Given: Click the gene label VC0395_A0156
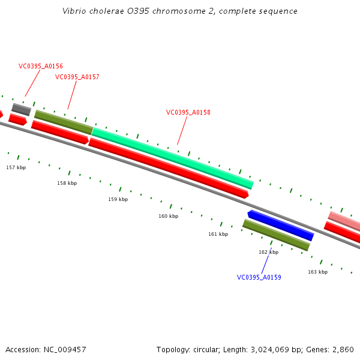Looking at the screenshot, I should tap(41, 67).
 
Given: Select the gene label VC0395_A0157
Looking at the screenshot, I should tap(77, 77).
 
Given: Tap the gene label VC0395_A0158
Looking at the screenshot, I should tap(188, 112).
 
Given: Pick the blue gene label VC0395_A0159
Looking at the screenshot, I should tap(259, 277).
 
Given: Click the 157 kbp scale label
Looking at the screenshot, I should tap(16, 167).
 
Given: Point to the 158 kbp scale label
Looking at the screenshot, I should tap(67, 183).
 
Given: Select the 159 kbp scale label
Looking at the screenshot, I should tap(118, 199).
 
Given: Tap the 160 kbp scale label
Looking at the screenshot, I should tap(168, 216).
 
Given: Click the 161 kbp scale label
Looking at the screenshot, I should tap(218, 234).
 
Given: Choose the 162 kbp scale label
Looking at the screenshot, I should tap(268, 252).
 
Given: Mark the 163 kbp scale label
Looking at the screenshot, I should tap(317, 272).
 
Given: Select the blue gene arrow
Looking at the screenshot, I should tap(281, 225).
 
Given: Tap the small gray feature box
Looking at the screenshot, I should tap(21, 109).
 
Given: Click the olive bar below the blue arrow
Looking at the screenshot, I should tap(276, 235).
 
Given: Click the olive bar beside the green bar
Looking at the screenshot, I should tap(63, 122).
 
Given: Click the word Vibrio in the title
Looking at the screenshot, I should tap(74, 11).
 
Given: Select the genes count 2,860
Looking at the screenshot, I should tap(343, 349).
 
